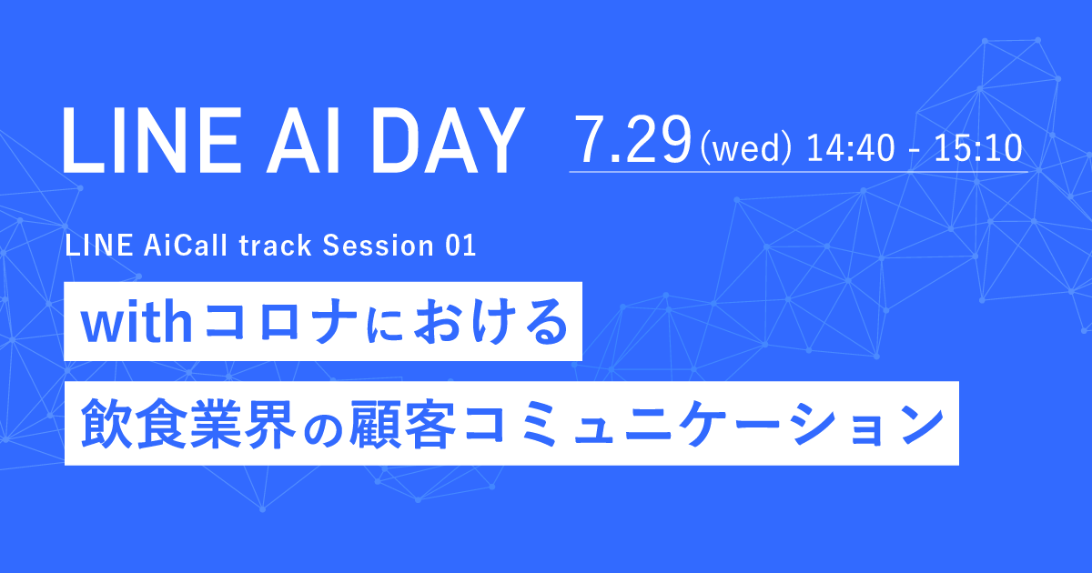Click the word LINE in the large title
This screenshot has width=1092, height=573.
click(152, 140)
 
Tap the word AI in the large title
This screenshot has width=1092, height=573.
click(302, 140)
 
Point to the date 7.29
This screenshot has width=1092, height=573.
click(633, 140)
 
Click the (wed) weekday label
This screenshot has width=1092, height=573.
click(745, 148)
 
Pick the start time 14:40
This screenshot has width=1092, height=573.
click(851, 147)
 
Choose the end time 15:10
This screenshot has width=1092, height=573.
click(978, 147)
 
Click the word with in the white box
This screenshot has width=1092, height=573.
click(137, 323)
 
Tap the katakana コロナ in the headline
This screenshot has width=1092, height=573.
click(281, 323)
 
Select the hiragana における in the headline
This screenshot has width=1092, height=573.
click(467, 323)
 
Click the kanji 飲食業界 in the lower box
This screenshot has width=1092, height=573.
click(188, 424)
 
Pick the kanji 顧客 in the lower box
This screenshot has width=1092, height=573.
click(403, 424)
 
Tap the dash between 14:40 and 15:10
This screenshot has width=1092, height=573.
click(915, 151)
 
